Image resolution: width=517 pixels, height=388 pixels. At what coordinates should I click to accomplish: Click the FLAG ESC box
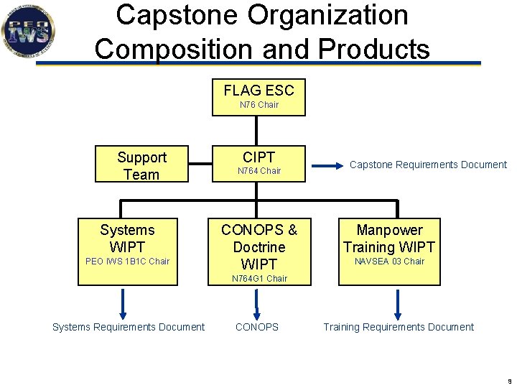point(258,96)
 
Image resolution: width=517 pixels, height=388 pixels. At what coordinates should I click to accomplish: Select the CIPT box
point(258,163)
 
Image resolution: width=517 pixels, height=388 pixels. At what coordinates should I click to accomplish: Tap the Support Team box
point(141,165)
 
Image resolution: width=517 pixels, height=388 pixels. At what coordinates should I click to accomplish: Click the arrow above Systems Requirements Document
point(123,303)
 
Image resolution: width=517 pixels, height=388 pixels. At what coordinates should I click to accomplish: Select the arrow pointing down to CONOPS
point(256,303)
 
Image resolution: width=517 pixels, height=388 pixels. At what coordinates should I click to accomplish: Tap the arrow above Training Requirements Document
point(398,303)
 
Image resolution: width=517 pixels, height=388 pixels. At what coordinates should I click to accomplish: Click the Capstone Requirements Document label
point(428,165)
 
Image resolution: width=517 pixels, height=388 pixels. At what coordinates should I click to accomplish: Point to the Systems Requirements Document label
point(129,328)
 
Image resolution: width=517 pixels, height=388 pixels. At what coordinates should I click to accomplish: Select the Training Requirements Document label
point(399,328)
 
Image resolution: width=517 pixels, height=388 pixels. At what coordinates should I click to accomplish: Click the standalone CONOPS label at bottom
point(257,328)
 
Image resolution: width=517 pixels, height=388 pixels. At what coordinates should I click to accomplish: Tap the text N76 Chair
point(258,105)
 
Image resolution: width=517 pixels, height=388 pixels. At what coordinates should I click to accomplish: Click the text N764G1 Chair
point(259,278)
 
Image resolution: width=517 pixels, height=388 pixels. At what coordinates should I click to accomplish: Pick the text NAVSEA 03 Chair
point(390,262)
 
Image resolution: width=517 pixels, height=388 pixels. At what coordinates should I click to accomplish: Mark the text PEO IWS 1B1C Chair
point(127,262)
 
